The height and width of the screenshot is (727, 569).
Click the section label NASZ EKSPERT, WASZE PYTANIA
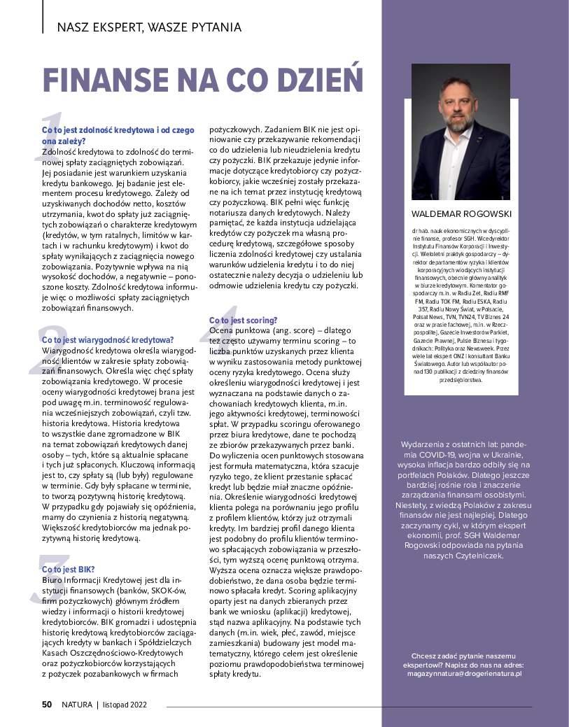[149, 28]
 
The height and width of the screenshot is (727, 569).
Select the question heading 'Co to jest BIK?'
[69, 570]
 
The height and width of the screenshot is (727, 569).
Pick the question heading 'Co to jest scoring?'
[243, 320]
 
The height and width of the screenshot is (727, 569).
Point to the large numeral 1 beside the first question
[50, 137]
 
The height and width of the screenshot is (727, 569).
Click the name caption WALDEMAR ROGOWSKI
[461, 213]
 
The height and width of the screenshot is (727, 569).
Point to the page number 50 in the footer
[47, 705]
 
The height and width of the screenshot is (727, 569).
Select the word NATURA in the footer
[77, 705]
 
